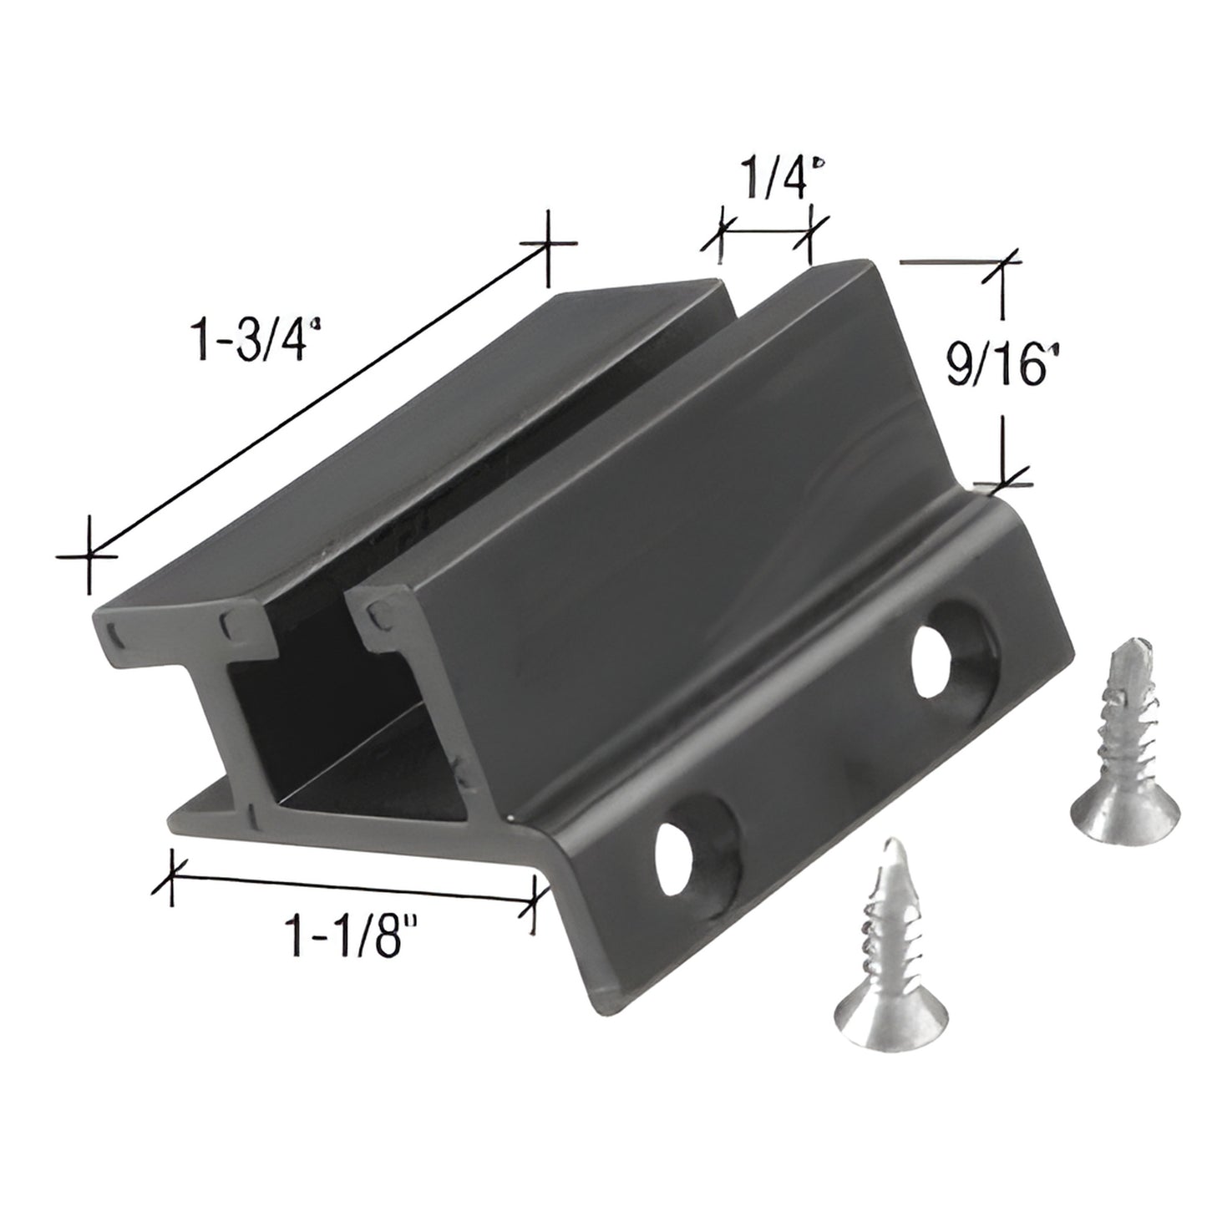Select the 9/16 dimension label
pos(997,365)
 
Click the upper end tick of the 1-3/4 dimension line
pos(547,244)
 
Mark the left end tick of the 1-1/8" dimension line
pos(172,877)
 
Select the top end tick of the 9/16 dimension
pos(1003,262)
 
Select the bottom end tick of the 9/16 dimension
pos(1003,482)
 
